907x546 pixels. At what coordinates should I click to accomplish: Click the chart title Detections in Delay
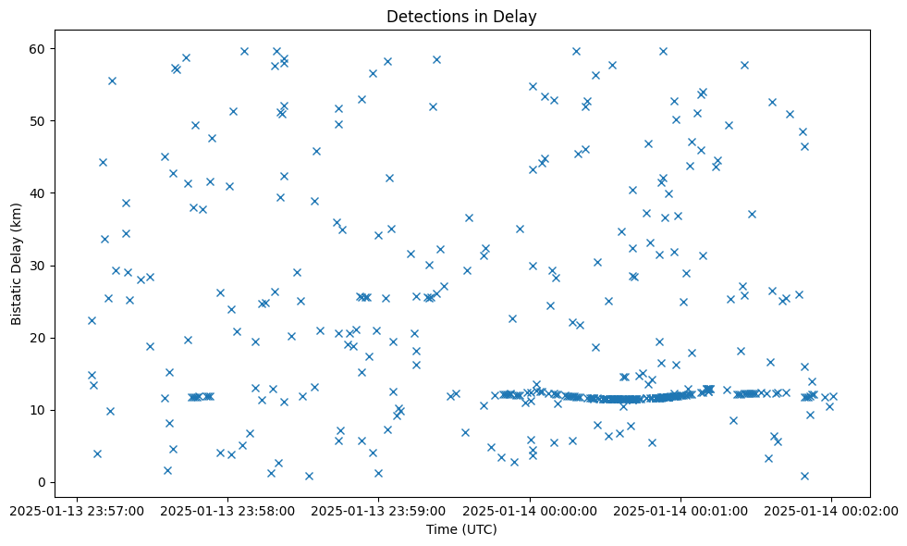click(x=461, y=17)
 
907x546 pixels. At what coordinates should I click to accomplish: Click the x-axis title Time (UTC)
click(x=461, y=529)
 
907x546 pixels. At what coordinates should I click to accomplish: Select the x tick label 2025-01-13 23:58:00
click(x=227, y=510)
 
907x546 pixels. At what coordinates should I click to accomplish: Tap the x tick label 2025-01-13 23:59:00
click(x=378, y=510)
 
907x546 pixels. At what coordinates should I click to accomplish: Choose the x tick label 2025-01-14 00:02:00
click(x=830, y=510)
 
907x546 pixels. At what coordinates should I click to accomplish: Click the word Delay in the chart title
click(x=519, y=17)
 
